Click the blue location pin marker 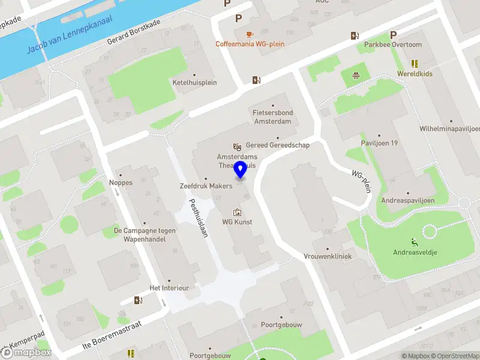241,170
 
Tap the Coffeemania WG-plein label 250,44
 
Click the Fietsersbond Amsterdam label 272,116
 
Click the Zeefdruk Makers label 206,187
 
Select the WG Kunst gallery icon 237,212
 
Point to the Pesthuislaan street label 198,218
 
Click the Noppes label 120,183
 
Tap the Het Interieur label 169,288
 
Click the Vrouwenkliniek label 328,256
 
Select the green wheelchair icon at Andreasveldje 415,242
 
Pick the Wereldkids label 415,74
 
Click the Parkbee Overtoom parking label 394,44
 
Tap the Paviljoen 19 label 379,143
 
